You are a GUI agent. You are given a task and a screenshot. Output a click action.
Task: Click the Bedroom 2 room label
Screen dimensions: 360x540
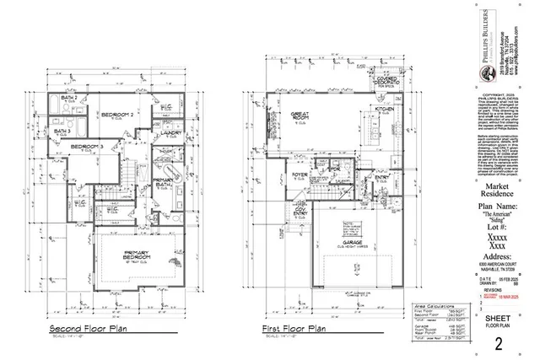tap(120, 114)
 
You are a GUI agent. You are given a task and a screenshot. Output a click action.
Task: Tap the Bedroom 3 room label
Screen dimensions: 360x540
tap(88, 148)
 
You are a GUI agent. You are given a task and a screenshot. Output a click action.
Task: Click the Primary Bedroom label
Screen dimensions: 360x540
tap(136, 256)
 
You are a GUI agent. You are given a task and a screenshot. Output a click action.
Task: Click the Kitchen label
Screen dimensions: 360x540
tap(385, 110)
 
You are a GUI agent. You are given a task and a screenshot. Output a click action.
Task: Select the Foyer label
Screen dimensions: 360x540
tap(301, 176)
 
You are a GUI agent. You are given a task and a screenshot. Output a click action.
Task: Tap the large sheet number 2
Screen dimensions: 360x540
tap(499, 342)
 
